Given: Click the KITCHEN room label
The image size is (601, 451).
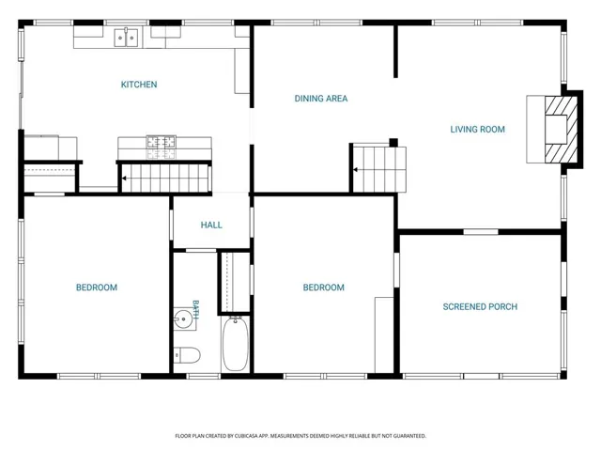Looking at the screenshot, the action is point(139,85).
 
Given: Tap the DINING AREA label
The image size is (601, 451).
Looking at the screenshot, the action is point(321,99).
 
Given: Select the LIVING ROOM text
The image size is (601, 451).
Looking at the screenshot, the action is point(477,130).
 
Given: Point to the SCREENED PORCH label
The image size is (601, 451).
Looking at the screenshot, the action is point(480,307).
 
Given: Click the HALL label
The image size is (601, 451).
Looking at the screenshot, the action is point(211,225).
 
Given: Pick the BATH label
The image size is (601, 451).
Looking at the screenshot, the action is point(195,310).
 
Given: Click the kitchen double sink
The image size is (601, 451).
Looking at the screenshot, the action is point(126,38).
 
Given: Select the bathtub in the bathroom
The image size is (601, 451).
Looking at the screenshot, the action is point(236,344).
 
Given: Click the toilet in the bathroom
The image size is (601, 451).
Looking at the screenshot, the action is point(187,355).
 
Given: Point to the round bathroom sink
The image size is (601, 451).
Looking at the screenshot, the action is point(184,319).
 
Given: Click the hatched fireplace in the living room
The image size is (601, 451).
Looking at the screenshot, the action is point(561,130).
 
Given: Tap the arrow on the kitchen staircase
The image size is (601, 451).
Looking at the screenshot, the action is point(125,179).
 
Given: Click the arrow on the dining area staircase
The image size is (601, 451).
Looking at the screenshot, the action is point(356,170).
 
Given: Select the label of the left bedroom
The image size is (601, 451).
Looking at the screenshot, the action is point(97,288).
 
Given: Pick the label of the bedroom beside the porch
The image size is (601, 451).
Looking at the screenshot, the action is point(323,288).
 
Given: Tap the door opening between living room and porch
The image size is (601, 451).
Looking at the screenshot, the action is point(481,232).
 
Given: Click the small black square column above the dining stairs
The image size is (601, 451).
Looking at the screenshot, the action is point(393,143).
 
